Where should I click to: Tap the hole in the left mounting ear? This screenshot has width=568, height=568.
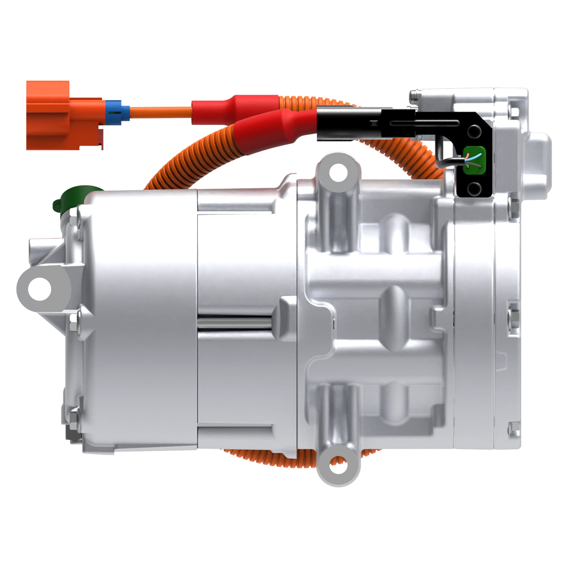pyautogui.click(x=40, y=289)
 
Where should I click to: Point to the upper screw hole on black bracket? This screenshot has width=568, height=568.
pyautogui.click(x=474, y=131)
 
